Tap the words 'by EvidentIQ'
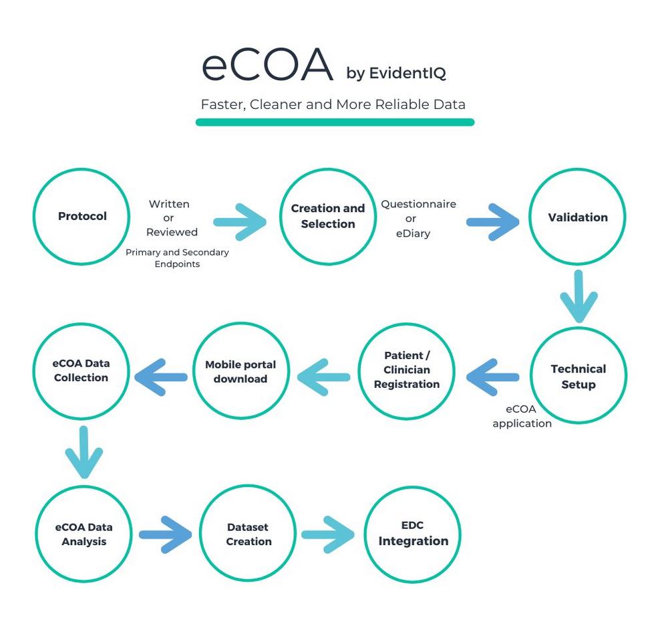click(x=395, y=73)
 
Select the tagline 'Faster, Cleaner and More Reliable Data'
click(x=333, y=105)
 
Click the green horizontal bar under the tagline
click(x=335, y=122)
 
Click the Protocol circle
click(x=81, y=216)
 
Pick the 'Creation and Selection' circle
click(x=327, y=216)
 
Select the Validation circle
click(x=578, y=217)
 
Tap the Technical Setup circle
click(x=578, y=376)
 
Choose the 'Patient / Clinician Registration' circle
click(x=407, y=370)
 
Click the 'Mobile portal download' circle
click(x=240, y=371)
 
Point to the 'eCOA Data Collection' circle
click(x=81, y=371)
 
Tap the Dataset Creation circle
click(x=248, y=534)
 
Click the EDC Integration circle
click(x=413, y=534)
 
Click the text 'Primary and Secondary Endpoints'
click(x=177, y=258)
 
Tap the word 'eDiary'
click(x=412, y=233)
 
